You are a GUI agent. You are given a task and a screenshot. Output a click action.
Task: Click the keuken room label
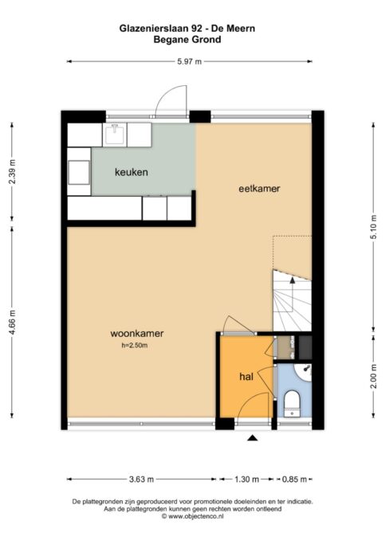click(132, 172)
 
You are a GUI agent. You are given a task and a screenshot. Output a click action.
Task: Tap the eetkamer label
click(259, 189)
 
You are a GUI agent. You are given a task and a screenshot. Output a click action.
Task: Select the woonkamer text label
click(137, 334)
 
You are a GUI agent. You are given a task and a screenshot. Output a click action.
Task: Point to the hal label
click(246, 377)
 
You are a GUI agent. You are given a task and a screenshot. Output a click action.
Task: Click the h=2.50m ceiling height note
click(135, 345)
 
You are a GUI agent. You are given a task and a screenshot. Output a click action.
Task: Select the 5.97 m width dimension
click(189, 62)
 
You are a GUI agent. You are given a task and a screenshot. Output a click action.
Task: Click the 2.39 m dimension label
click(13, 171)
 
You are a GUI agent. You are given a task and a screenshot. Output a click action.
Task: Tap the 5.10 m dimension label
click(373, 227)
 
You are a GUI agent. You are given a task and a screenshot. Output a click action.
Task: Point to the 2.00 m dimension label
click(373, 376)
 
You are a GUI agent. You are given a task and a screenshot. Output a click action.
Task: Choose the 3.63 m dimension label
click(141, 479)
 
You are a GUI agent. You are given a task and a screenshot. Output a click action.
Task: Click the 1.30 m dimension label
click(247, 479)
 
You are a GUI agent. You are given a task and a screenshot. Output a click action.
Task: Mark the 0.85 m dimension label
click(294, 479)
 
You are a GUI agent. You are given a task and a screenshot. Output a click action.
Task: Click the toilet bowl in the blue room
click(292, 404)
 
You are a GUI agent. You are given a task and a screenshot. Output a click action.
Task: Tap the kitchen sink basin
click(115, 135)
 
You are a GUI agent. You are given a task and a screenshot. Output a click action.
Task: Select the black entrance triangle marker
click(253, 438)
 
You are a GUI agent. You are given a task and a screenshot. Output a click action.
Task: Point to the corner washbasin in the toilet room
click(304, 372)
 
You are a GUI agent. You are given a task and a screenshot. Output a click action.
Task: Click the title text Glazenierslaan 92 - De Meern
click(187, 29)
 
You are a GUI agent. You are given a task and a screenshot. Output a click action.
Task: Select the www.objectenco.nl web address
click(195, 516)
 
